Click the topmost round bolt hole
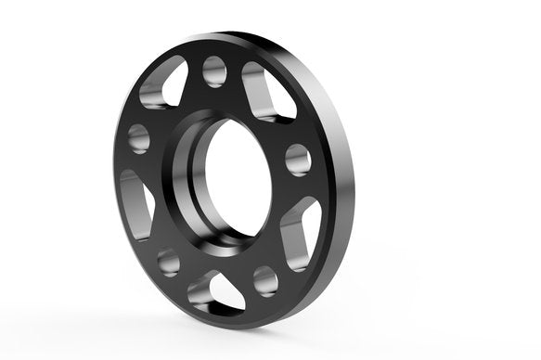(x=214, y=71)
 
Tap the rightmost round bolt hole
(x=297, y=160)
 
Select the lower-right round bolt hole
(x=265, y=279)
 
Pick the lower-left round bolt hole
(x=168, y=262)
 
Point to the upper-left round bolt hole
(x=139, y=138)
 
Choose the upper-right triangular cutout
(x=268, y=92)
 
